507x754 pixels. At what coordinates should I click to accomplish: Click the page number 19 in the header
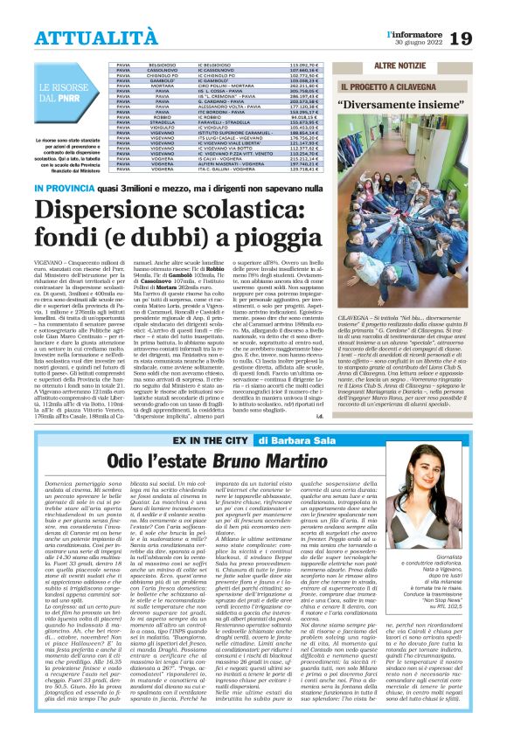pos(486,38)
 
